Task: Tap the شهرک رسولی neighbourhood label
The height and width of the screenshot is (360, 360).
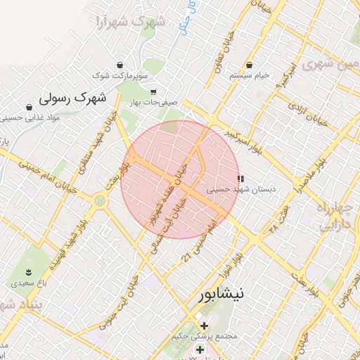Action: click(x=72, y=97)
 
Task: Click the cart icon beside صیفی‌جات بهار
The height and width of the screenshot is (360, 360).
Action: click(x=153, y=91)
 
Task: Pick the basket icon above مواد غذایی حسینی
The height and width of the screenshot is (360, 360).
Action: click(x=29, y=108)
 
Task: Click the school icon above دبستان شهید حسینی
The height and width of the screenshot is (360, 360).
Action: click(x=241, y=179)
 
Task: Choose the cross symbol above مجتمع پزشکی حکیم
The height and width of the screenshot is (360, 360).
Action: click(x=205, y=326)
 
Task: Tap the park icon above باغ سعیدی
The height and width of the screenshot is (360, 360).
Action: click(x=28, y=272)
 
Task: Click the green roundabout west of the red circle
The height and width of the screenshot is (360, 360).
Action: click(x=99, y=201)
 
